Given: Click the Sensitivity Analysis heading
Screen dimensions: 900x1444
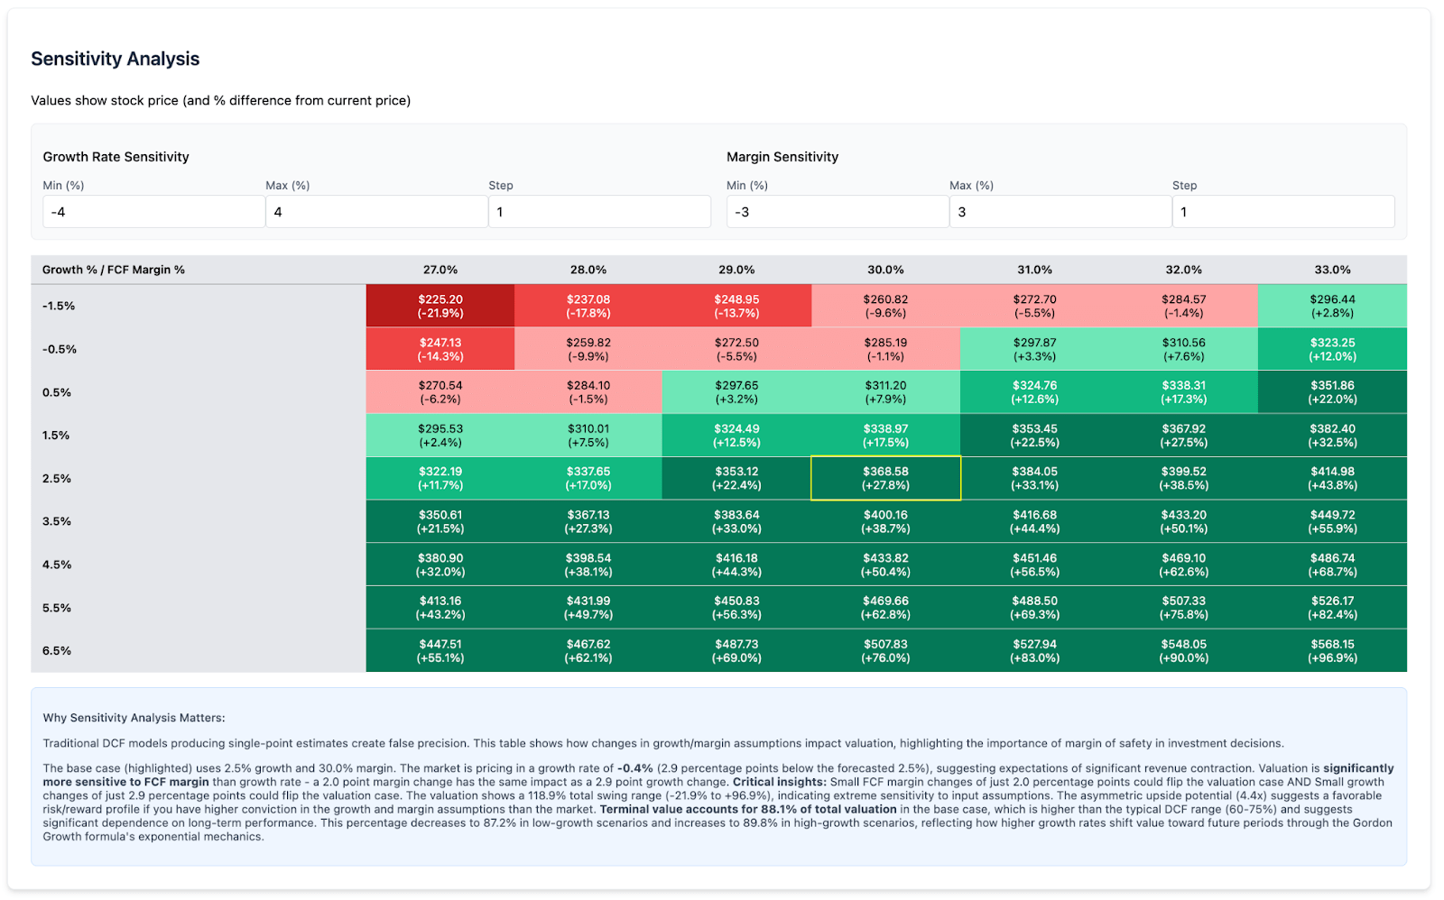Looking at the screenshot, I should coord(116,60).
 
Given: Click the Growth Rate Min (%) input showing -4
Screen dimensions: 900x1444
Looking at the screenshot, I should coord(153,212).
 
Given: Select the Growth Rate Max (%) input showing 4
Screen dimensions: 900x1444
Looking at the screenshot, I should coord(376,212).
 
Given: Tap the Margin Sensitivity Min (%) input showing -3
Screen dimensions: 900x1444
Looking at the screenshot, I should coord(837,212).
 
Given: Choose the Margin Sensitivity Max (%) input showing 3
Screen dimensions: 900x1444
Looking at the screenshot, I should coord(1060,212).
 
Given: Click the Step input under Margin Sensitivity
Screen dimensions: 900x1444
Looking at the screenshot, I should coord(1282,212).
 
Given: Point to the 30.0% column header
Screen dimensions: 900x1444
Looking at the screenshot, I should coord(885,270).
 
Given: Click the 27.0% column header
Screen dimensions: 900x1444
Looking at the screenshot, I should coord(440,270).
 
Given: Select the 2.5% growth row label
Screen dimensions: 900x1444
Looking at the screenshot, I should coord(57,479).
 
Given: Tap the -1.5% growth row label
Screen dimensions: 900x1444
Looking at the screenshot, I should coord(59,306).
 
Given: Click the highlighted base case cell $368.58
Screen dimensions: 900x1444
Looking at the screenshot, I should coord(885,478).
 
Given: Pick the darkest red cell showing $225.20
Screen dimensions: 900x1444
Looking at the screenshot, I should coord(440,306).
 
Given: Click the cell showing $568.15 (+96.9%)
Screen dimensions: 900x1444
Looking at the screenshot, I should coord(1332,651).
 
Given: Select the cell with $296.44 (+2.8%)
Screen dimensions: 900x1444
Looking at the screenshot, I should coord(1332,306).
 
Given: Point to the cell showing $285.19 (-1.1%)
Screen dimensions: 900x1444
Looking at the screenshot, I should coord(885,349).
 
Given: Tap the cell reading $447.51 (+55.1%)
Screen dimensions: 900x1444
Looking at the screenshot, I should coord(440,651).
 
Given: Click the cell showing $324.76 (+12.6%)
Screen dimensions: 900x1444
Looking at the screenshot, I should coord(1034,392).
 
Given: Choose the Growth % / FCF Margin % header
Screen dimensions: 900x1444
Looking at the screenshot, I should coord(114,270).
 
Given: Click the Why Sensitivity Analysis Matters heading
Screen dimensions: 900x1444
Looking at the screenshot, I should coord(134,718).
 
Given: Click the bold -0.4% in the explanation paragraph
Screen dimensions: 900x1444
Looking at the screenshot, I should coord(634,768).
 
